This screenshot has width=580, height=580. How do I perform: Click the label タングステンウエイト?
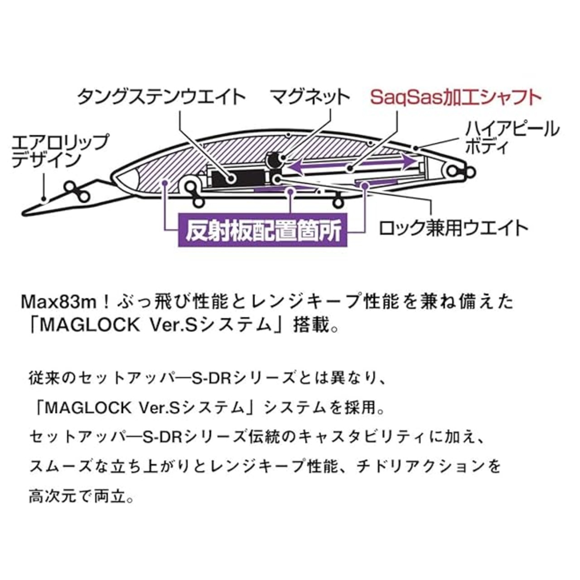[x=161, y=97]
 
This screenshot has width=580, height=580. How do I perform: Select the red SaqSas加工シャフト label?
[x=455, y=97]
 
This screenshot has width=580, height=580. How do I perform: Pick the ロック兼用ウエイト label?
[x=454, y=227]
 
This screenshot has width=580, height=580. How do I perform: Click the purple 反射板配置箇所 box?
[x=263, y=231]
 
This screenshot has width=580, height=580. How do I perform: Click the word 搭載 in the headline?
[x=311, y=325]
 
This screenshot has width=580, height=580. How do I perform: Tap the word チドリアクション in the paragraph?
[x=422, y=466]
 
